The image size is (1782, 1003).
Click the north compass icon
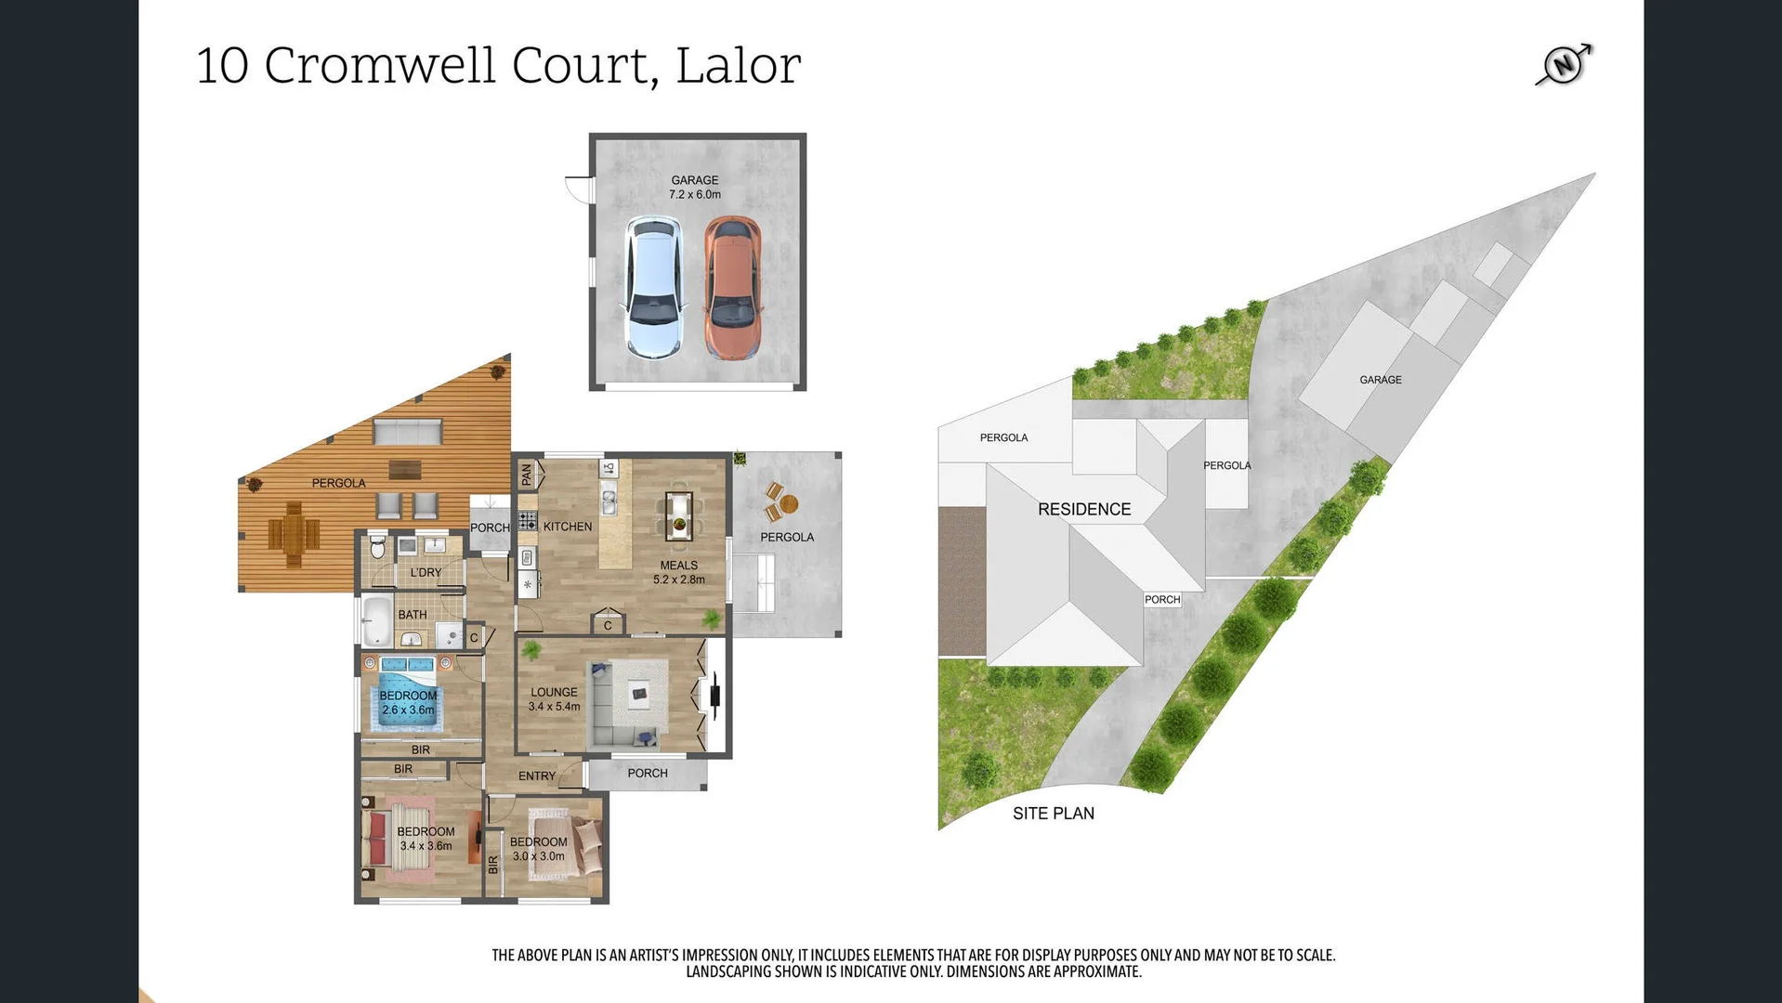point(1565,64)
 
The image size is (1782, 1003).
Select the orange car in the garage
point(732,288)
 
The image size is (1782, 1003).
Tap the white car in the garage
point(654,288)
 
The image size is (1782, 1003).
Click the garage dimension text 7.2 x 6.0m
point(695,195)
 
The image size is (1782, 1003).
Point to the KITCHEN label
point(567,527)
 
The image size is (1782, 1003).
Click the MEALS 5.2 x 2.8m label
point(678,572)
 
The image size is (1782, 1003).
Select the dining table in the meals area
point(679,516)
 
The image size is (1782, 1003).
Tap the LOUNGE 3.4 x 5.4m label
point(554,699)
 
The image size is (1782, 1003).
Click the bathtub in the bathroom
point(376,620)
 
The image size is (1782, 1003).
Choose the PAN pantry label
point(527,475)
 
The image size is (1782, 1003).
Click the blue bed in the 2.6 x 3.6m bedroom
point(408,698)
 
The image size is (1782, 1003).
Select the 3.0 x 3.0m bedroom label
point(538,849)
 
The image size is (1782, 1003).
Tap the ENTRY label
point(536,776)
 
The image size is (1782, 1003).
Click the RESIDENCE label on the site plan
point(1084,510)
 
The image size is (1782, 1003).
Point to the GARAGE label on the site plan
point(1380,380)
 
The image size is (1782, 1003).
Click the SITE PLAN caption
point(1053,814)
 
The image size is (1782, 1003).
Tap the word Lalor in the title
point(738,67)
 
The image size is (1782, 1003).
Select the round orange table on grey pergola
point(789,504)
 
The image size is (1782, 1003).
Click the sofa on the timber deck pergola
point(407,432)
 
